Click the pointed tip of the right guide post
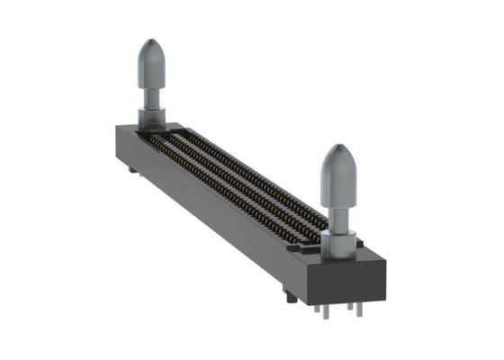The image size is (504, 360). pyautogui.click(x=339, y=147)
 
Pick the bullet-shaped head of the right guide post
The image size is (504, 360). pyautogui.click(x=339, y=171)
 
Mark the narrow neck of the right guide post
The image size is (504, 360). pyautogui.click(x=340, y=215)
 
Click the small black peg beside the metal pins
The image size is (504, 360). pyautogui.click(x=288, y=294)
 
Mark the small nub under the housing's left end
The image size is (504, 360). pyautogui.click(x=132, y=168)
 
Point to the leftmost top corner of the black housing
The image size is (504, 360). pyautogui.click(x=118, y=129)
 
